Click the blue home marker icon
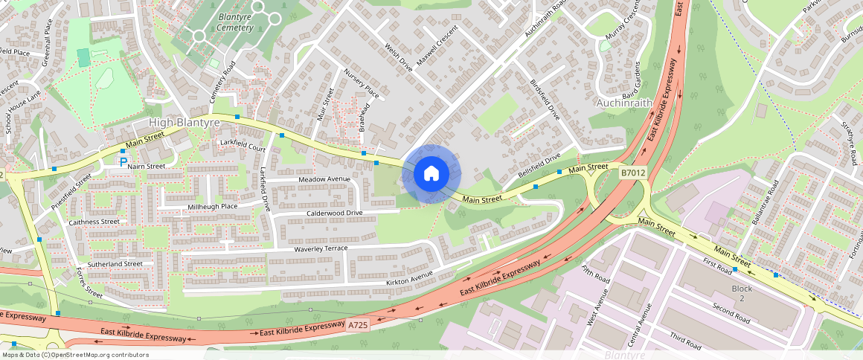pos(431,174)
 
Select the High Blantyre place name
pos(185,122)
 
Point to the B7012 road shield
pos(632,173)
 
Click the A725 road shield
pos(359,324)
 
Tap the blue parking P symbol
pos(123,161)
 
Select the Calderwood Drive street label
pos(335,213)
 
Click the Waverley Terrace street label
pos(321,248)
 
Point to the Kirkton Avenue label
pos(409,279)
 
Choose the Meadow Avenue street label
pos(324,179)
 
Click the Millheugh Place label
pos(212,206)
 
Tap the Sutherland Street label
pos(115,264)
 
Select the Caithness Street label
pos(94,222)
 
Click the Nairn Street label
pos(146,166)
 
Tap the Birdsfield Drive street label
pos(544,100)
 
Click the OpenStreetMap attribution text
pos(74,355)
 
